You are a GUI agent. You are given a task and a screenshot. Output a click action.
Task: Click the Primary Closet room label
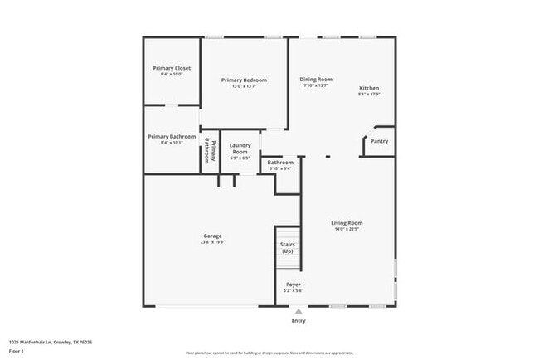[172, 68]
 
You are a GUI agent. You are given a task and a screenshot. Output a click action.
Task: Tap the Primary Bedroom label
[244, 80]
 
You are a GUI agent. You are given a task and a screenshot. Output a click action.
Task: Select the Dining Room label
[316, 80]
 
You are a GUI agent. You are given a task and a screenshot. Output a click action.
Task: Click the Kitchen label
[369, 88]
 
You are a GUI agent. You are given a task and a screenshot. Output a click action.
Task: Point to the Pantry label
[379, 141]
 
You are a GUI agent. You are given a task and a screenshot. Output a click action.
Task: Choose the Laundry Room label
[240, 148]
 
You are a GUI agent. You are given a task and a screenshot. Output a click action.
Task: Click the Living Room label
[347, 222]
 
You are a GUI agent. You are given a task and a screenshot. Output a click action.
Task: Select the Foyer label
[294, 284]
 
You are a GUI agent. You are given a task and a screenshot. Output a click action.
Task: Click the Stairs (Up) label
[288, 247]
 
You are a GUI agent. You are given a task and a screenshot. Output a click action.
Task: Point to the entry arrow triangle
[299, 311]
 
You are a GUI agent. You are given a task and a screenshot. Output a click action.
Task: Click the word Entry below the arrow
[299, 320]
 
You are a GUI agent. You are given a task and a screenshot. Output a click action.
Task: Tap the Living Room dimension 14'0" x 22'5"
[347, 229]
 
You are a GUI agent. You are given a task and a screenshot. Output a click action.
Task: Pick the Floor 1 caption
[17, 351]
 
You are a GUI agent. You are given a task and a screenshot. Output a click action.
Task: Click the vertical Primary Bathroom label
[211, 150]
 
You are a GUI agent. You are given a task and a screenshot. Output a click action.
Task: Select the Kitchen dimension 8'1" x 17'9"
[369, 95]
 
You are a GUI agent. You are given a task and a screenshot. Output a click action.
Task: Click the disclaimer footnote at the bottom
[269, 353]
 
